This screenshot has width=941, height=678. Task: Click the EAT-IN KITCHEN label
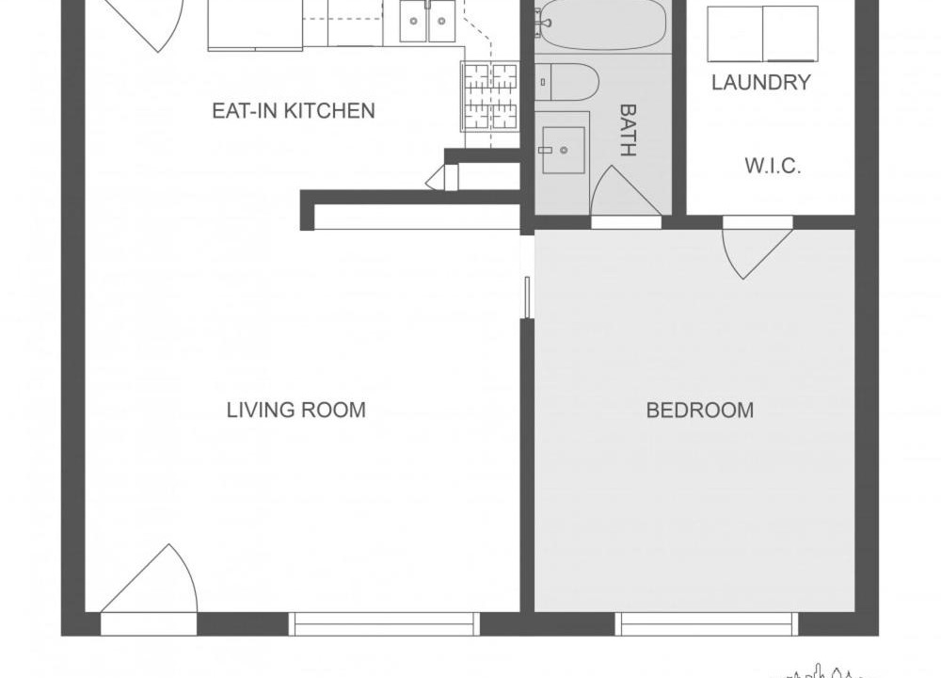pos(294,111)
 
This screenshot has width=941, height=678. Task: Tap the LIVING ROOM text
pos(295,411)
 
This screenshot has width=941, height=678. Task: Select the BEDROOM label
pos(700,411)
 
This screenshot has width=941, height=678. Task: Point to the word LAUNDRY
pos(761,82)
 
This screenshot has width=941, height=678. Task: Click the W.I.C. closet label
pos(773,166)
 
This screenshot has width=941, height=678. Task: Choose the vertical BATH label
pos(627,130)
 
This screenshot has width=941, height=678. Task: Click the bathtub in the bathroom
pos(602,24)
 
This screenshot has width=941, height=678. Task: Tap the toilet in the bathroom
pos(566,82)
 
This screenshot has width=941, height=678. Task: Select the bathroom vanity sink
pos(563,150)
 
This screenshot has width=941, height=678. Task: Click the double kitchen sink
pos(427,21)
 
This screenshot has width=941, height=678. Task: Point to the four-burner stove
pos(489,96)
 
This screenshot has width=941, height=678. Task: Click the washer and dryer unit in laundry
pos(763,34)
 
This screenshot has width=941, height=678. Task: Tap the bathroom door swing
pos(626,191)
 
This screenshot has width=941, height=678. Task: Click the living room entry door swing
pos(149,579)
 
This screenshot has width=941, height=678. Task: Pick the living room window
pos(384,624)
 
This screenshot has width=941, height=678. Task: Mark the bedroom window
pos(707,624)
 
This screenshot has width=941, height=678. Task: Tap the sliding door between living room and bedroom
pos(527,298)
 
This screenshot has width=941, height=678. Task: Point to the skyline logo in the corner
pos(824,671)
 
